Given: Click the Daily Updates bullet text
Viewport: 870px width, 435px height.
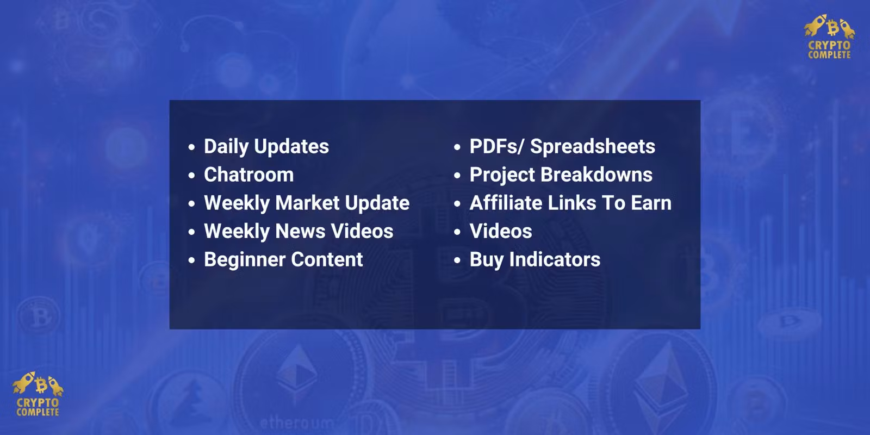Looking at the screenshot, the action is coord(266,147).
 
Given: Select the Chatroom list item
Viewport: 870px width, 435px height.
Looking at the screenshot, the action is coord(249,175).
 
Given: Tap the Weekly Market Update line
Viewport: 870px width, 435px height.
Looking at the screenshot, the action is coord(307,203).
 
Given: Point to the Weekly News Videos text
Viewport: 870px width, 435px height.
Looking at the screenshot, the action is coord(299,232).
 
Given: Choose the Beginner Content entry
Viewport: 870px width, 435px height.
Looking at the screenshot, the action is coord(283,259).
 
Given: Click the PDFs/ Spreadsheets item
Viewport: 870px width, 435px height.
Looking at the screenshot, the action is coord(562,147).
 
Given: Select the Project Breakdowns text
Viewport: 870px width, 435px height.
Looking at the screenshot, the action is coord(561,175).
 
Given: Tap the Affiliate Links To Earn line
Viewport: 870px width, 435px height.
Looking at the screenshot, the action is coord(570,203).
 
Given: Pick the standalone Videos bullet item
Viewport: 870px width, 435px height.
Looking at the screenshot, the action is coord(501,232).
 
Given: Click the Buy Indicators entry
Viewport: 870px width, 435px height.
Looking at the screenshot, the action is coord(535,260).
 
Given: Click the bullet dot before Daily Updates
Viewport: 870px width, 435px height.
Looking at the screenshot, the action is coord(191,147).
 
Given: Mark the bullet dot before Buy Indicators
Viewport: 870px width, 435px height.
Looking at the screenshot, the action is coord(457,260).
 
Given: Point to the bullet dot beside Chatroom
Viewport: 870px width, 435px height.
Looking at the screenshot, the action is coord(191,176).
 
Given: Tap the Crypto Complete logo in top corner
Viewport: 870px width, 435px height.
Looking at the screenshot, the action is coord(830,37).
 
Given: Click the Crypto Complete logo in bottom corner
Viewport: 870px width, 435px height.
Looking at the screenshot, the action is coord(38,394).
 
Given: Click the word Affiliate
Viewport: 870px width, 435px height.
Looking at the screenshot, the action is coord(506,203).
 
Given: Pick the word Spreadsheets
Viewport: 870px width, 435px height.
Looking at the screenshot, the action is coord(593,147).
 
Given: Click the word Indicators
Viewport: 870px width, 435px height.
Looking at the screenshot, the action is coord(555,260).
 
